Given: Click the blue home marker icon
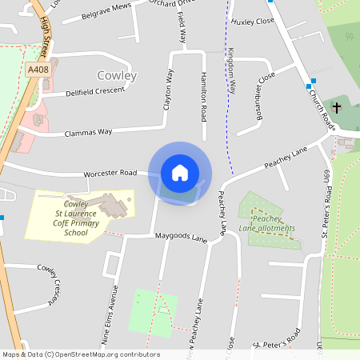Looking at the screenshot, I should pyautogui.click(x=180, y=173).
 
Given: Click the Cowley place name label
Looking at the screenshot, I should pyautogui.click(x=117, y=76).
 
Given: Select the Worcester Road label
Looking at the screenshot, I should pyautogui.click(x=110, y=173).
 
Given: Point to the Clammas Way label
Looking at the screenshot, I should pyautogui.click(x=90, y=131).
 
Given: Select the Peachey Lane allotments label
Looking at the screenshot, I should pyautogui.click(x=273, y=223).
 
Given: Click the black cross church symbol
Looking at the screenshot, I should pyautogui.click(x=336, y=106).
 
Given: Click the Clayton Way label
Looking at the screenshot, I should pyautogui.click(x=168, y=90).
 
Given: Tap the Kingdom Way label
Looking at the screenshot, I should pyautogui.click(x=231, y=69).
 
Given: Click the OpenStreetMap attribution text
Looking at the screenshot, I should pyautogui.click(x=81, y=354).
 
